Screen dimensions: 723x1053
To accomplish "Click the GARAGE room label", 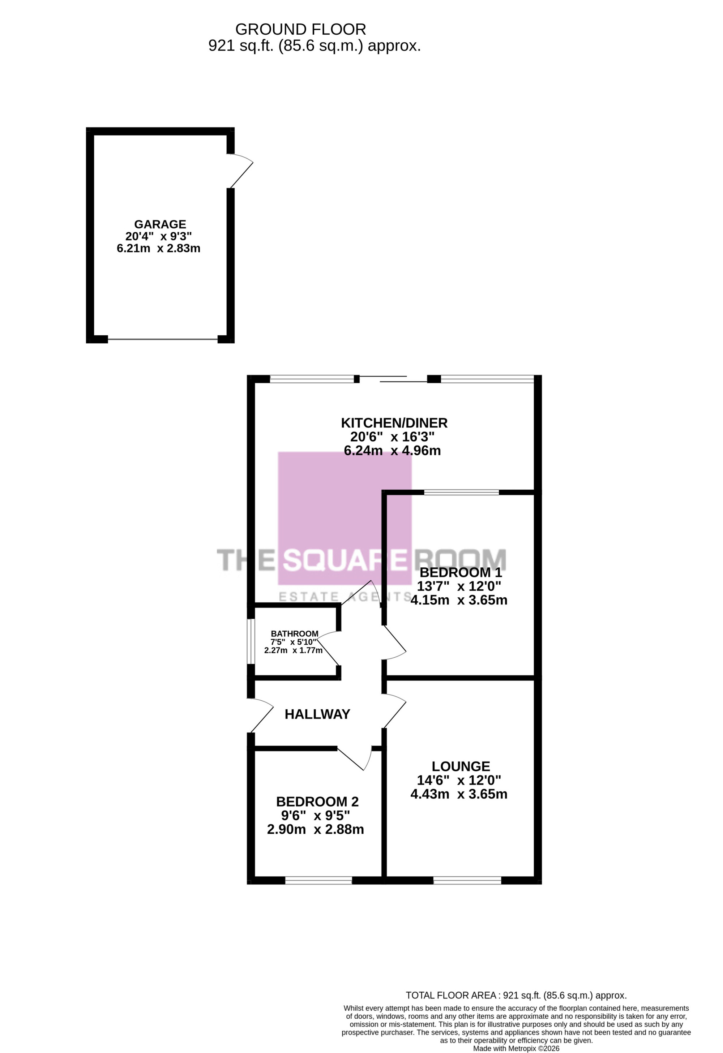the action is click(x=160, y=224).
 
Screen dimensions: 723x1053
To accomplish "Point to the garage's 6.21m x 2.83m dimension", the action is click(x=159, y=248).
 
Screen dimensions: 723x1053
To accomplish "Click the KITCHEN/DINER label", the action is click(x=394, y=423).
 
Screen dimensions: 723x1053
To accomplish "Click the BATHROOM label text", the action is click(x=295, y=633).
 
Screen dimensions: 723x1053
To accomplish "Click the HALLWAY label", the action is click(x=317, y=714).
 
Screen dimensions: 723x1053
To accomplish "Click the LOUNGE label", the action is click(x=461, y=766).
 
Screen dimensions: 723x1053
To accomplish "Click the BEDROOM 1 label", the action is click(x=461, y=572).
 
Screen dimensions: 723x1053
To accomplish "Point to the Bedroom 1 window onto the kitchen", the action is click(x=461, y=493).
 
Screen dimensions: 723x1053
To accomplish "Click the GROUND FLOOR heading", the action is click(x=300, y=30).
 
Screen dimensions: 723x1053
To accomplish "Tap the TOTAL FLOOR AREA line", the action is click(x=516, y=995).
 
